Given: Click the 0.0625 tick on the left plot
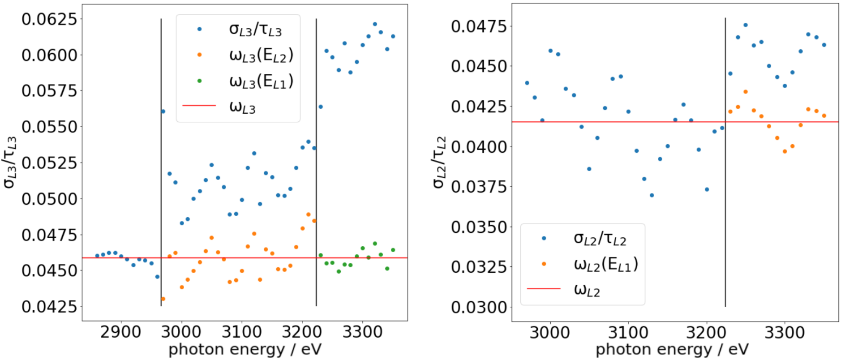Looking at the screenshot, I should pyautogui.click(x=49, y=19).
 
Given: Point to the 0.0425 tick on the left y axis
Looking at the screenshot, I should pyautogui.click(x=49, y=307).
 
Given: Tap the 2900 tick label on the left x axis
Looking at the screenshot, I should pyautogui.click(x=121, y=332).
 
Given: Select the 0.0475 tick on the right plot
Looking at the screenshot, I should pyautogui.click(x=479, y=26).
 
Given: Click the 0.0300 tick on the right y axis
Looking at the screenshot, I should pyautogui.click(x=479, y=308).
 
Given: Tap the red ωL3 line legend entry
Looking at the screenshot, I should pyautogui.click(x=242, y=107).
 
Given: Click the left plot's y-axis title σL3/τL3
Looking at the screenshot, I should pyautogui.click(x=10, y=162).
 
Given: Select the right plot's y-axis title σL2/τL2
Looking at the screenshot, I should pyautogui.click(x=439, y=162).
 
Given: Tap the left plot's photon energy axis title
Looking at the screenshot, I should pyautogui.click(x=245, y=349).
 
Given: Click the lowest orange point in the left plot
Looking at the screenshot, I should pyautogui.click(x=163, y=299).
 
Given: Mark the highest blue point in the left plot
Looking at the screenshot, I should pyautogui.click(x=375, y=24).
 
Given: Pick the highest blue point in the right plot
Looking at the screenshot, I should pyautogui.click(x=745, y=25).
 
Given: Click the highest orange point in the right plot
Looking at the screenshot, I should pyautogui.click(x=745, y=92).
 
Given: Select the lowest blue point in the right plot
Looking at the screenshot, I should pyautogui.click(x=652, y=195).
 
